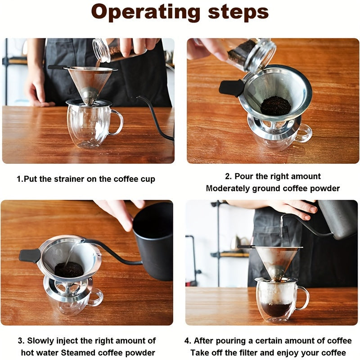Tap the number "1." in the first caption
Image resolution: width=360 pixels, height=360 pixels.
[20, 179]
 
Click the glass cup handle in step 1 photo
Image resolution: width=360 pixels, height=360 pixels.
[118, 122]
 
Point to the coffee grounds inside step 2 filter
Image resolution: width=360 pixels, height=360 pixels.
[275, 105]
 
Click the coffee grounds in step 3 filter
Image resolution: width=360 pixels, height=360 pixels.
[69, 270]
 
